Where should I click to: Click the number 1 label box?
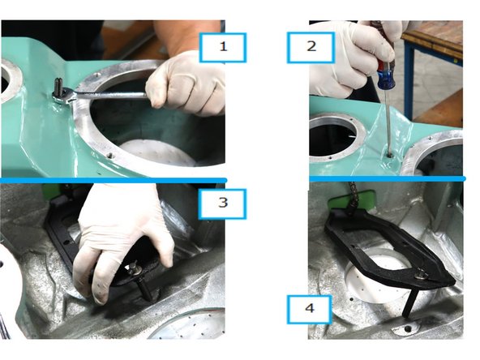click(223, 49)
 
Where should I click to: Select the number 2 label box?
click(311, 48)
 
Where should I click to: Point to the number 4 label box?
click(310, 309)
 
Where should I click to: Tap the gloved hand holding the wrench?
click(186, 83)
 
